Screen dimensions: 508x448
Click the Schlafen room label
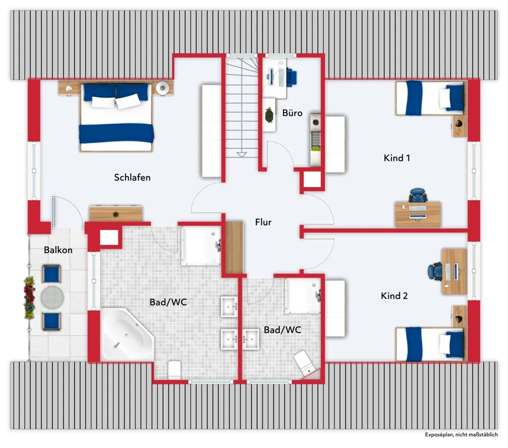(132, 177)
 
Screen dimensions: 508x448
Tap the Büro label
(292, 113)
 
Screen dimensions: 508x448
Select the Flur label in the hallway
(263, 222)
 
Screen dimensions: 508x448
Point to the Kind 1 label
(397, 158)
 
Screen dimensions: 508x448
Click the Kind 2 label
(394, 296)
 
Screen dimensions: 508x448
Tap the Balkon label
(58, 250)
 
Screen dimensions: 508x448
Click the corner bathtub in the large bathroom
(127, 334)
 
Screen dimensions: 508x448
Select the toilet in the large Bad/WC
(174, 370)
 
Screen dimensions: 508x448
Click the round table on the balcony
(52, 297)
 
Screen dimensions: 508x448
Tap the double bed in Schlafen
(116, 117)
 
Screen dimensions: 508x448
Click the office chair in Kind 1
(418, 195)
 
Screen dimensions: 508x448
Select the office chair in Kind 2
(435, 271)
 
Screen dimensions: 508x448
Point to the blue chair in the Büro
(291, 77)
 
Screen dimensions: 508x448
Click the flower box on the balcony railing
(29, 298)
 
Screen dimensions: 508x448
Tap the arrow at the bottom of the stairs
(242, 154)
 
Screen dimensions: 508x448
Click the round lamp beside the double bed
(162, 87)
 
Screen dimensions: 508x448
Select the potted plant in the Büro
(269, 115)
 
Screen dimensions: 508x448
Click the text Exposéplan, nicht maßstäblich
(461, 435)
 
